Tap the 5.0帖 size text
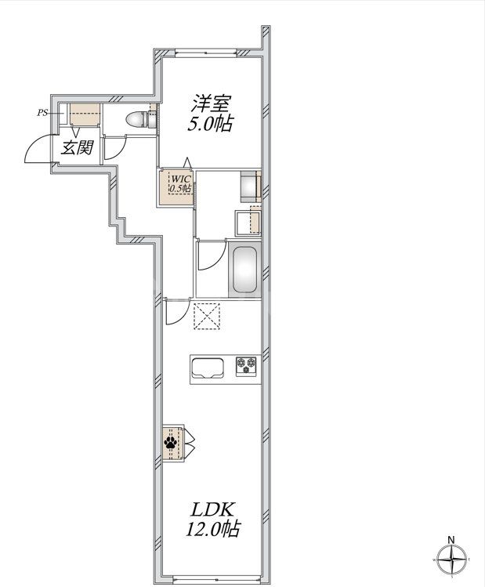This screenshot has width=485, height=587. click(x=210, y=124)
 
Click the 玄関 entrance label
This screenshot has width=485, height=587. click(x=78, y=147)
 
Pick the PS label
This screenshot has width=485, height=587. click(x=42, y=112)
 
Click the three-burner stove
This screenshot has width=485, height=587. click(x=248, y=365)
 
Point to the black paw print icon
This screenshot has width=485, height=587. click(x=171, y=443)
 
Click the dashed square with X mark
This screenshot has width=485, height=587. click(x=207, y=317)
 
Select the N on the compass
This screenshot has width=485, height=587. click(x=451, y=538)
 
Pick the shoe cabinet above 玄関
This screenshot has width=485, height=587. click(x=83, y=115)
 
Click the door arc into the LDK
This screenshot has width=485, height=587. click(x=178, y=313)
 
